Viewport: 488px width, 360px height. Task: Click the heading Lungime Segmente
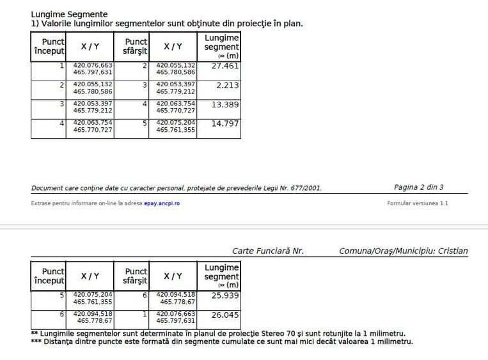coord(69,14)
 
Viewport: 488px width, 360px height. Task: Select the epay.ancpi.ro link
coord(162,203)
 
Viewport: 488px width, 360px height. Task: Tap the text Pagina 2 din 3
coord(419,187)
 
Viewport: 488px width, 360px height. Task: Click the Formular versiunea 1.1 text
coord(418,203)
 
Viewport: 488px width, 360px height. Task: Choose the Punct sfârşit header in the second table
coord(135,276)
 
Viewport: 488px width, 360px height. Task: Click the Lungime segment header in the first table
coord(221,46)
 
